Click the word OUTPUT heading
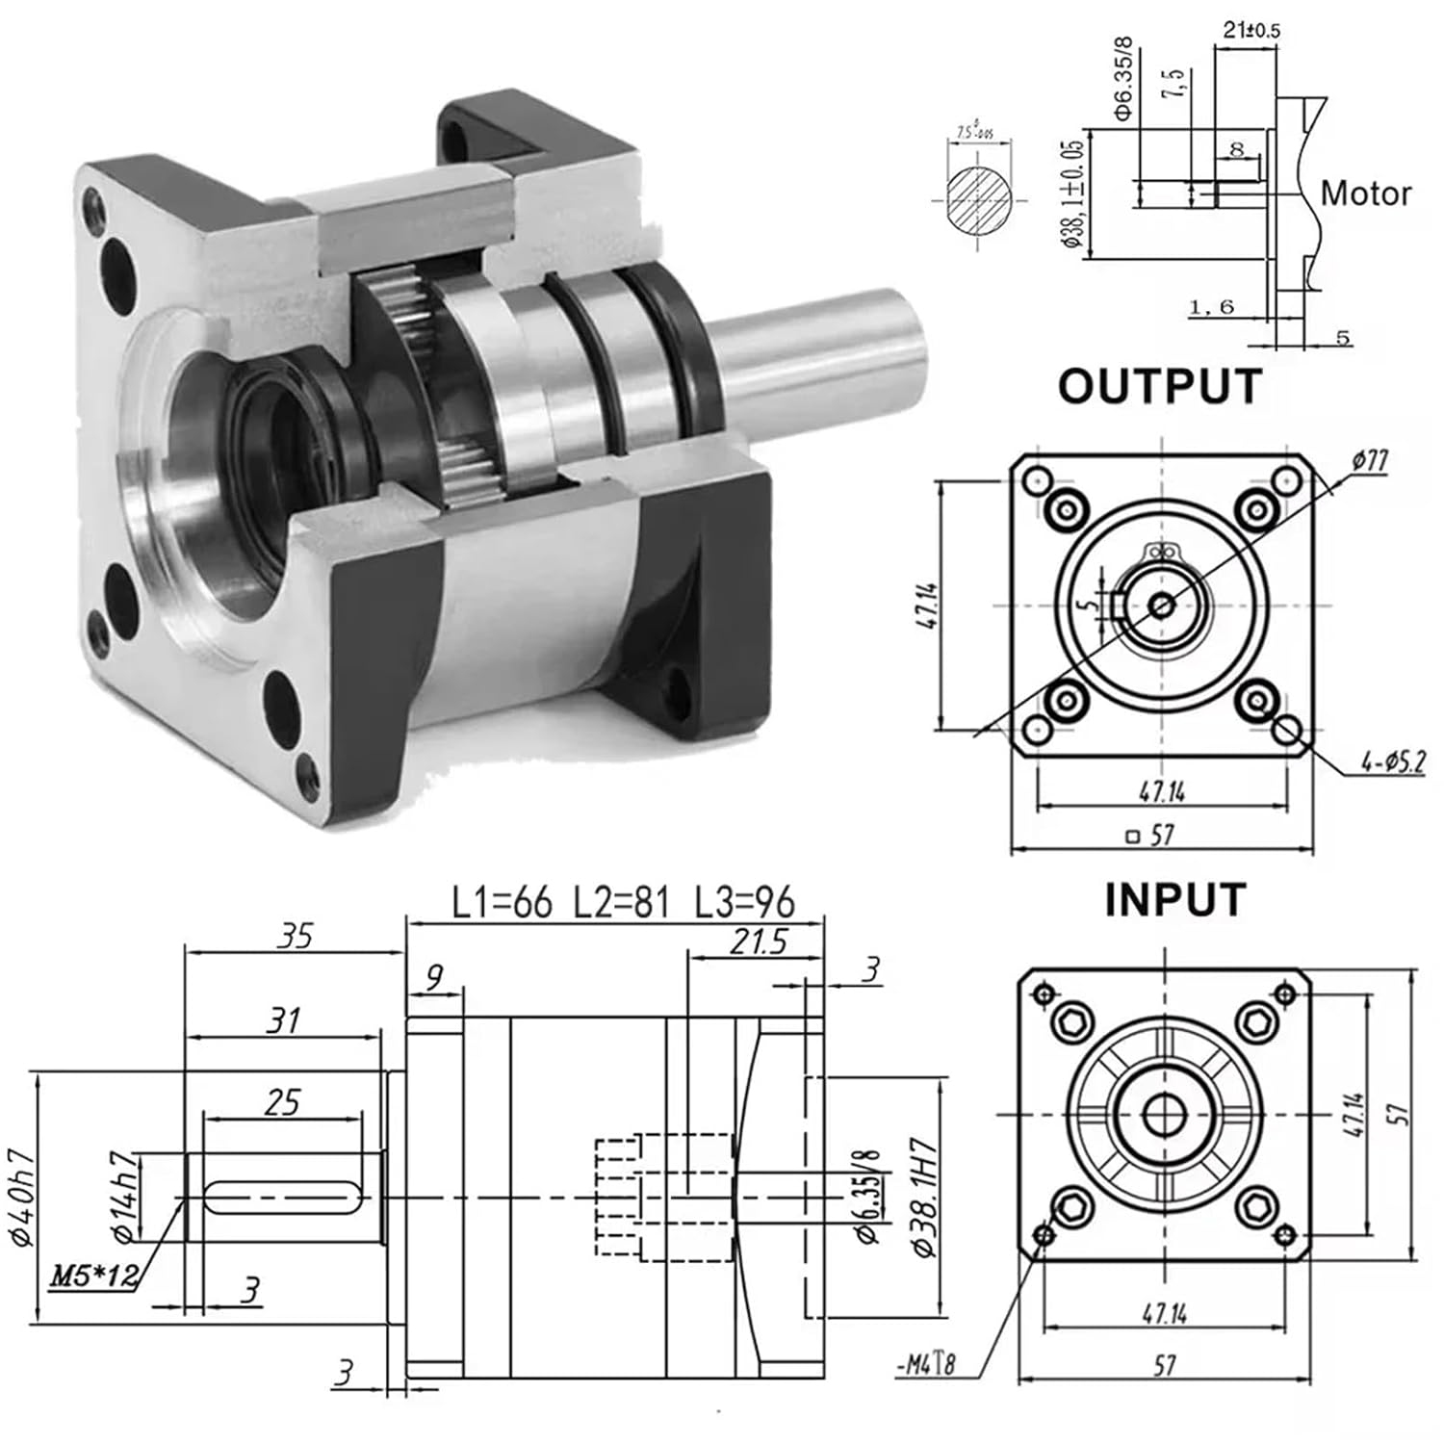coord(1159,387)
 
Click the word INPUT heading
coord(1174,900)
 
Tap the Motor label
coord(1365,193)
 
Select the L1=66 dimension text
coord(503,903)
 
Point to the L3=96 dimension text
coord(745,903)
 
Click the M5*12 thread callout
coord(93,1276)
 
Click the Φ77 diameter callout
coord(1369,461)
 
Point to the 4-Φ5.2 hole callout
coord(1392,762)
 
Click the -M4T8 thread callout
coord(926,1364)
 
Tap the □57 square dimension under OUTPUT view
coord(1150,835)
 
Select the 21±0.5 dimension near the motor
coord(1251,30)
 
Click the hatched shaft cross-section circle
coord(979,198)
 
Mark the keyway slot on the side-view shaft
coord(283,1197)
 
